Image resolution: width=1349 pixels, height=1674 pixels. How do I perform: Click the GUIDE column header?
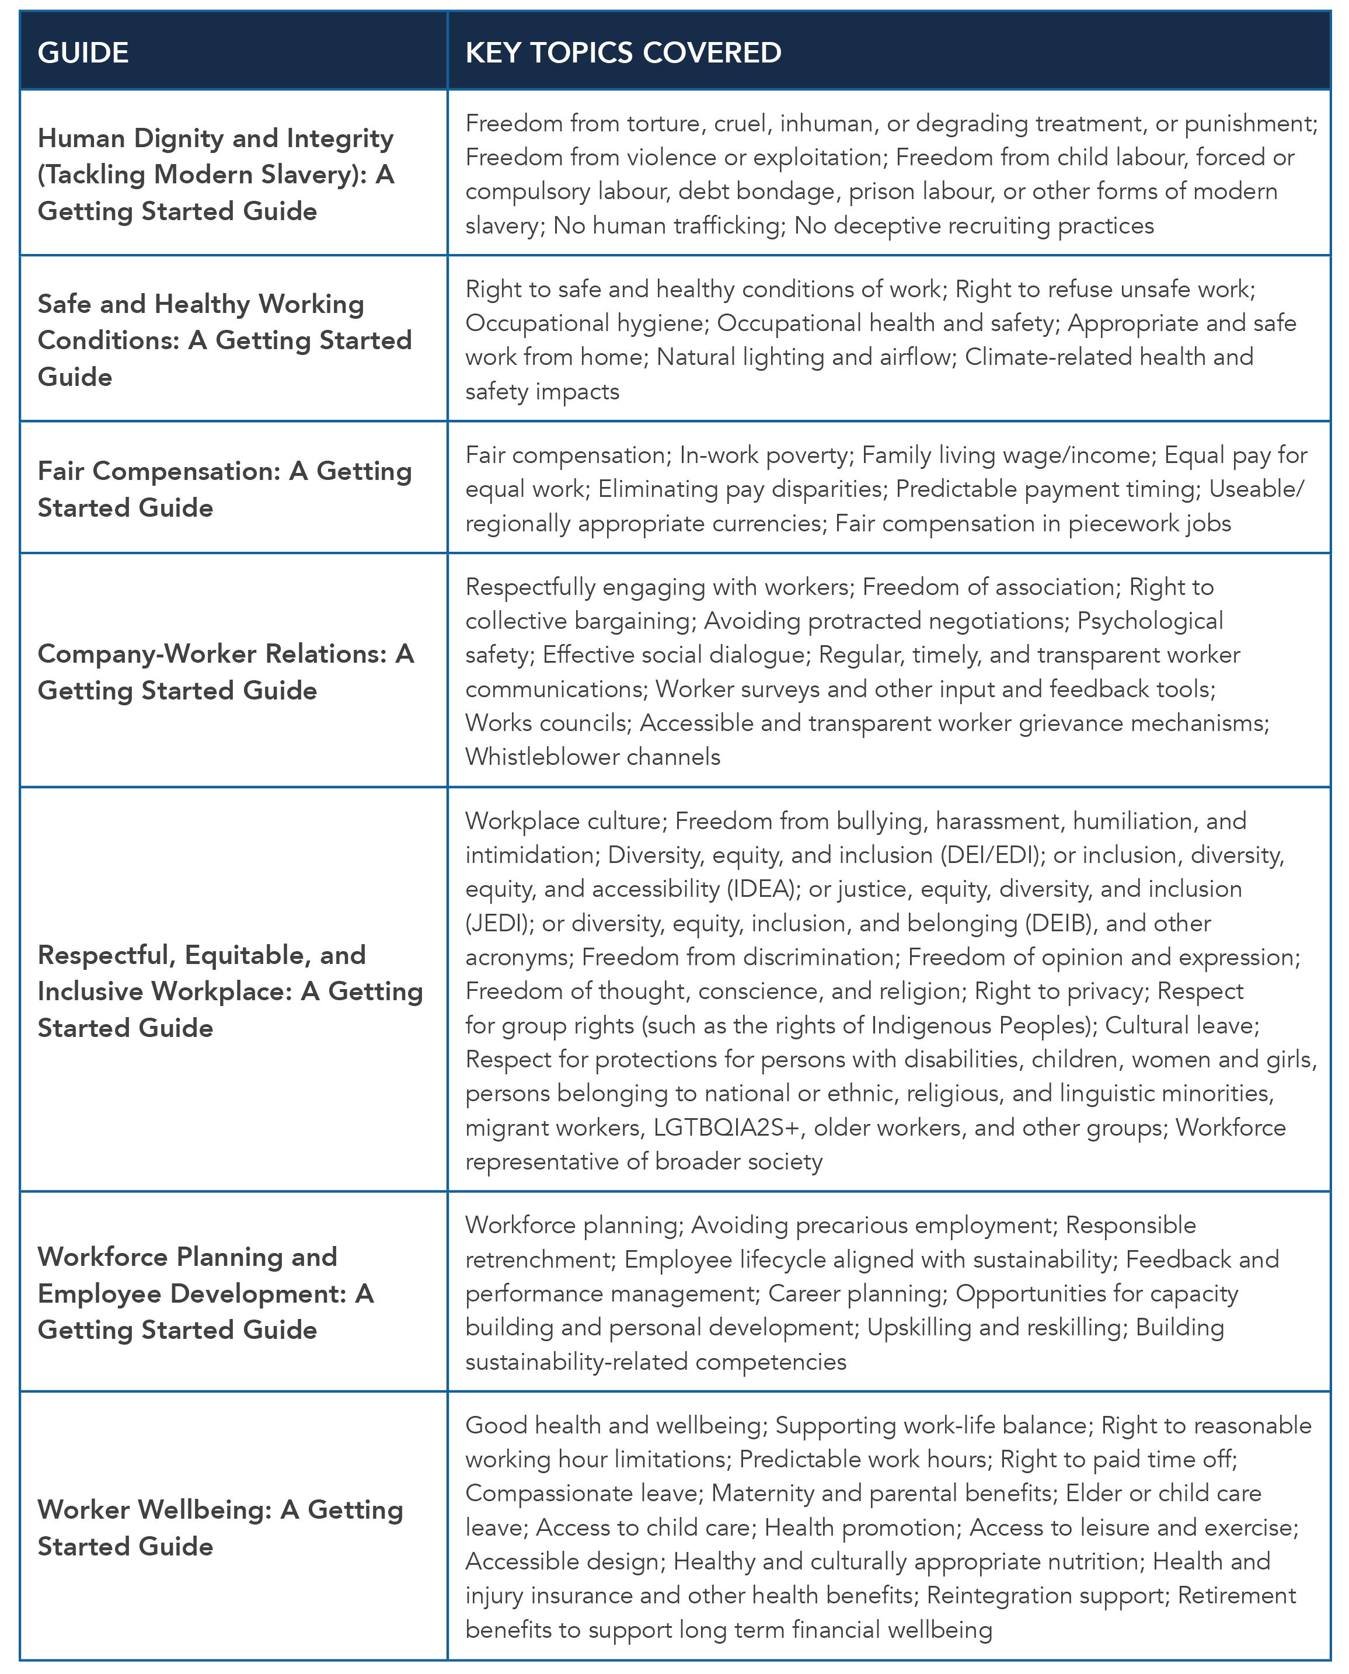point(83,53)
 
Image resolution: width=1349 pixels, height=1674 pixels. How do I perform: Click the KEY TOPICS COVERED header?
point(623,53)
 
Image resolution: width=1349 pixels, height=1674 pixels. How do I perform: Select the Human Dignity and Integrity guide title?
point(216,174)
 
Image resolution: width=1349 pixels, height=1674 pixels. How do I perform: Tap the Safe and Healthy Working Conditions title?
point(225,340)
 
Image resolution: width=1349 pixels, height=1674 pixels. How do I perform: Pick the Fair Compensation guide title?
point(225,489)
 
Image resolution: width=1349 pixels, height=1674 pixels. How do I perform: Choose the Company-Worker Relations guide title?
point(225,671)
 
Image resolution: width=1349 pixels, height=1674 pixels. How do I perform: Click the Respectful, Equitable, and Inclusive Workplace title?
point(230,991)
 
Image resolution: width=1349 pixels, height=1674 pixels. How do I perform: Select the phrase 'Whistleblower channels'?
point(593,757)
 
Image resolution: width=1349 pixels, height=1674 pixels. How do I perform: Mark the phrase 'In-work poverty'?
point(764,455)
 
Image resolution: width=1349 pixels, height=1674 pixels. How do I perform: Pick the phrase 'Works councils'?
point(547,723)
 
